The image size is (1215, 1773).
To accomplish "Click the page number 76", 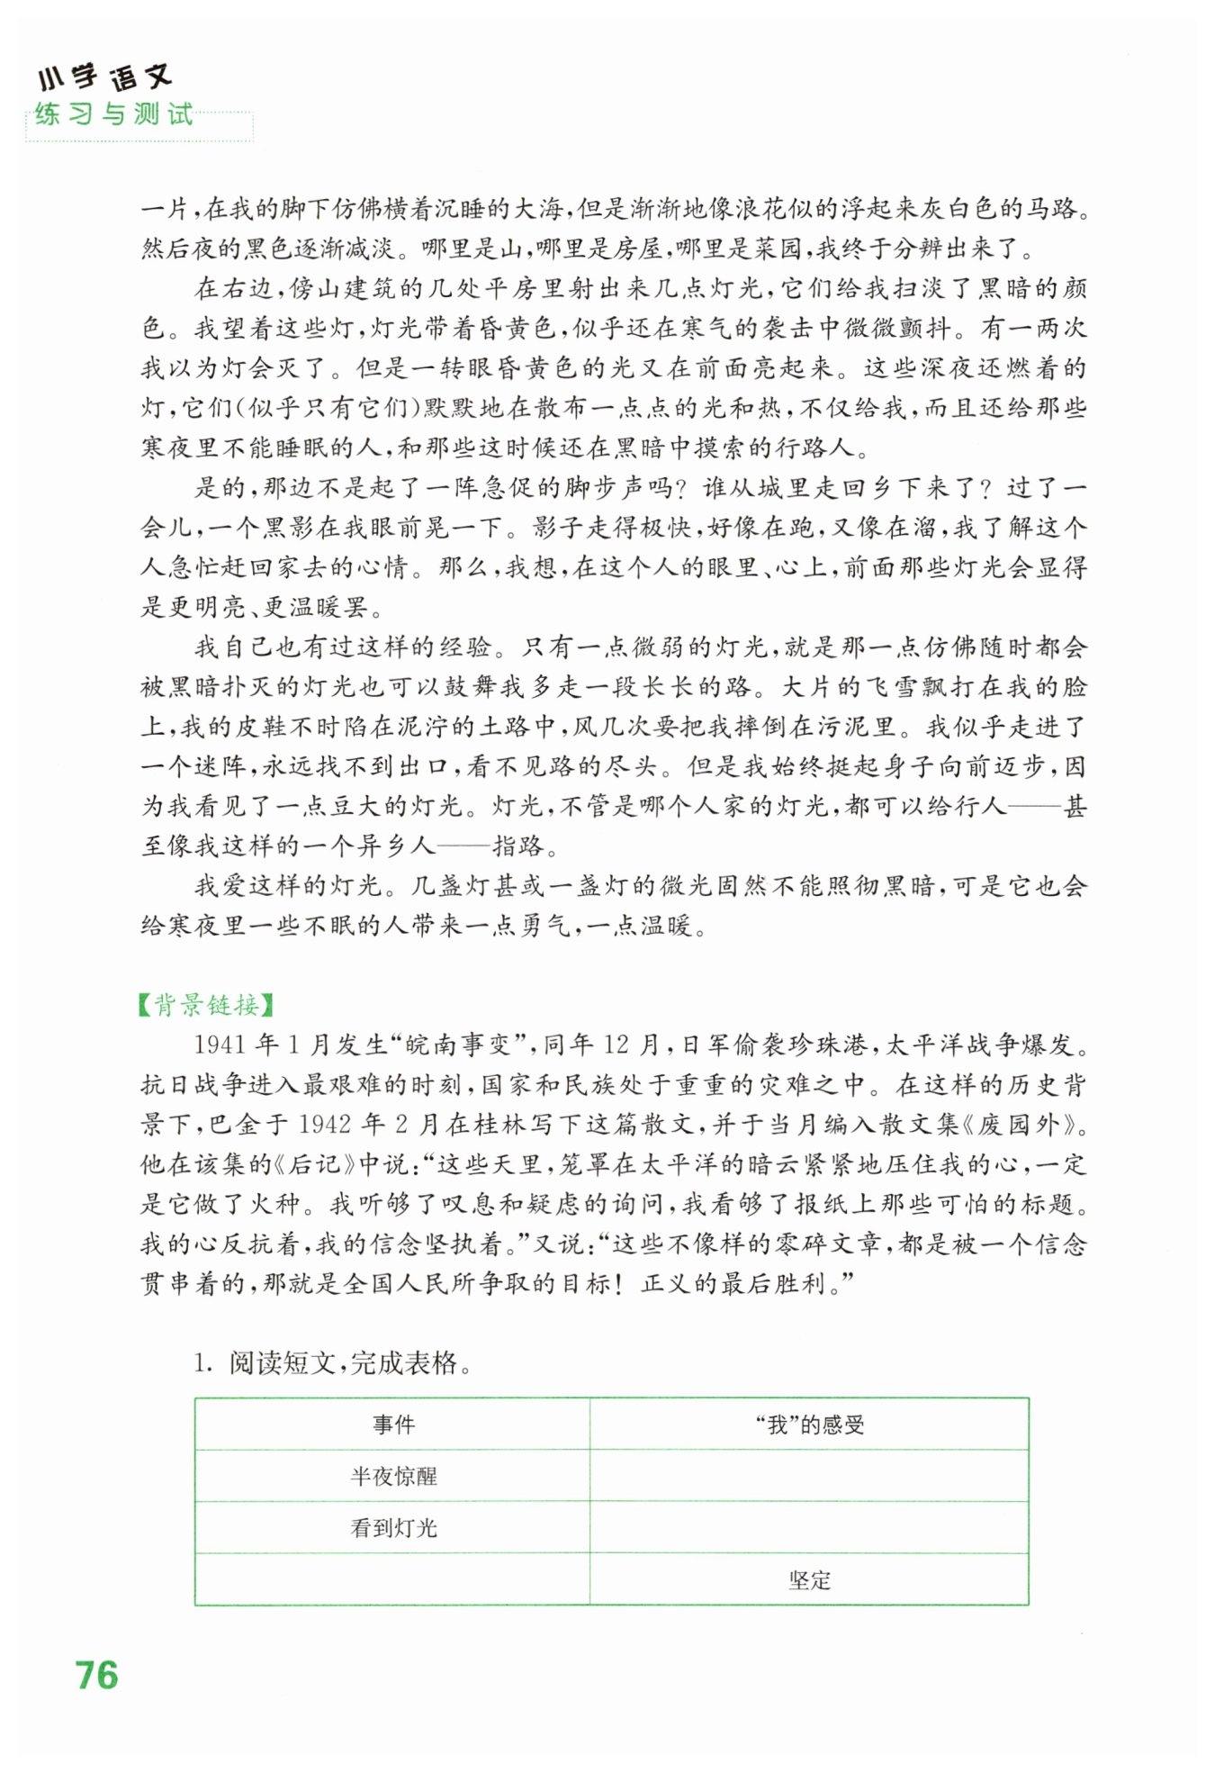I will (97, 1675).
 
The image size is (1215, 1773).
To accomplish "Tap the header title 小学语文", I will (105, 77).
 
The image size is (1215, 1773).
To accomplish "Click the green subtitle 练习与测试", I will (114, 114).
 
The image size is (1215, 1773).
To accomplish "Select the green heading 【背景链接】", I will (206, 1004).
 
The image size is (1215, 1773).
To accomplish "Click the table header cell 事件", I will (393, 1424).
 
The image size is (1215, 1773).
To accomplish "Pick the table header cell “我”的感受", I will (809, 1424).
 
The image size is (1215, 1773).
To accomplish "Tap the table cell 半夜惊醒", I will (393, 1476).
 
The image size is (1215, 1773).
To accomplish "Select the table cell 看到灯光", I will (393, 1527).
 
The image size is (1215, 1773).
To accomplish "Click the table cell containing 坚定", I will (809, 1579).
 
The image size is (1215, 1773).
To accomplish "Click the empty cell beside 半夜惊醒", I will (809, 1476).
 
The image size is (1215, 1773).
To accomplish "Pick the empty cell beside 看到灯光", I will (809, 1527).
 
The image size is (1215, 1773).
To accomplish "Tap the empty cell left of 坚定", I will (393, 1579).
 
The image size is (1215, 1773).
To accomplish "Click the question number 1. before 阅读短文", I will (202, 1363).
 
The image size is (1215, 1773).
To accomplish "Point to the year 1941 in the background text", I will (220, 1045).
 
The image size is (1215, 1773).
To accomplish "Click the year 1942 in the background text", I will (324, 1125).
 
